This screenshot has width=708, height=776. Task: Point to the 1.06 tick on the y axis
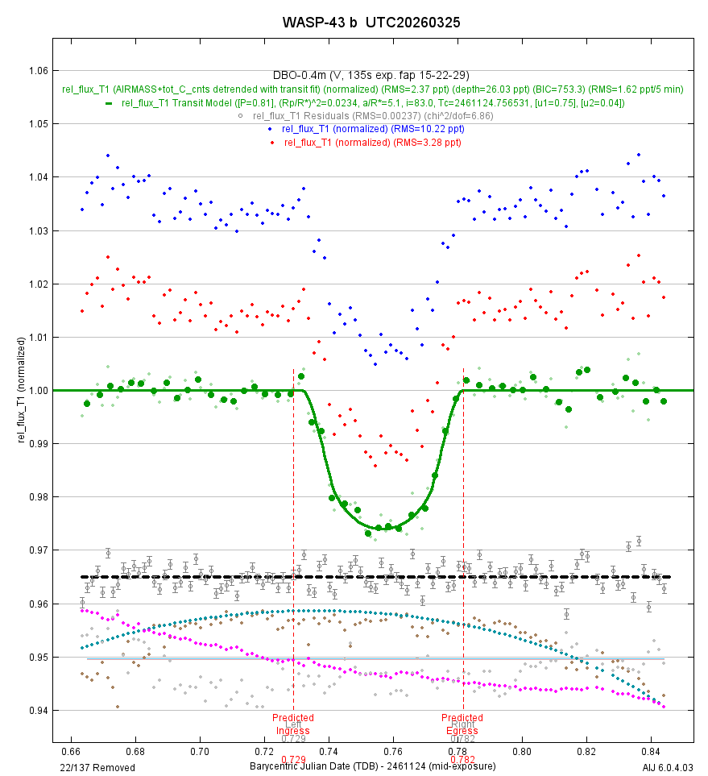click(36, 70)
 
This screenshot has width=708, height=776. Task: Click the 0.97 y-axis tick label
click(36, 550)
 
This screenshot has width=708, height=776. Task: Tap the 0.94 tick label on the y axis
click(36, 711)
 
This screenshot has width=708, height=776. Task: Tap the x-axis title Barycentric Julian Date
click(372, 767)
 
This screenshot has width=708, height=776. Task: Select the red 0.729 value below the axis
click(293, 759)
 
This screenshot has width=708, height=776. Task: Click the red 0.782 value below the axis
click(462, 759)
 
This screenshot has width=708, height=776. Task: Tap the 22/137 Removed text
click(91, 767)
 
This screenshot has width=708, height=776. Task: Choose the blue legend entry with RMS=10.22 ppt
click(372, 129)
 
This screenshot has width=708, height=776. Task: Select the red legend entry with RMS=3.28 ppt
click(372, 142)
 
